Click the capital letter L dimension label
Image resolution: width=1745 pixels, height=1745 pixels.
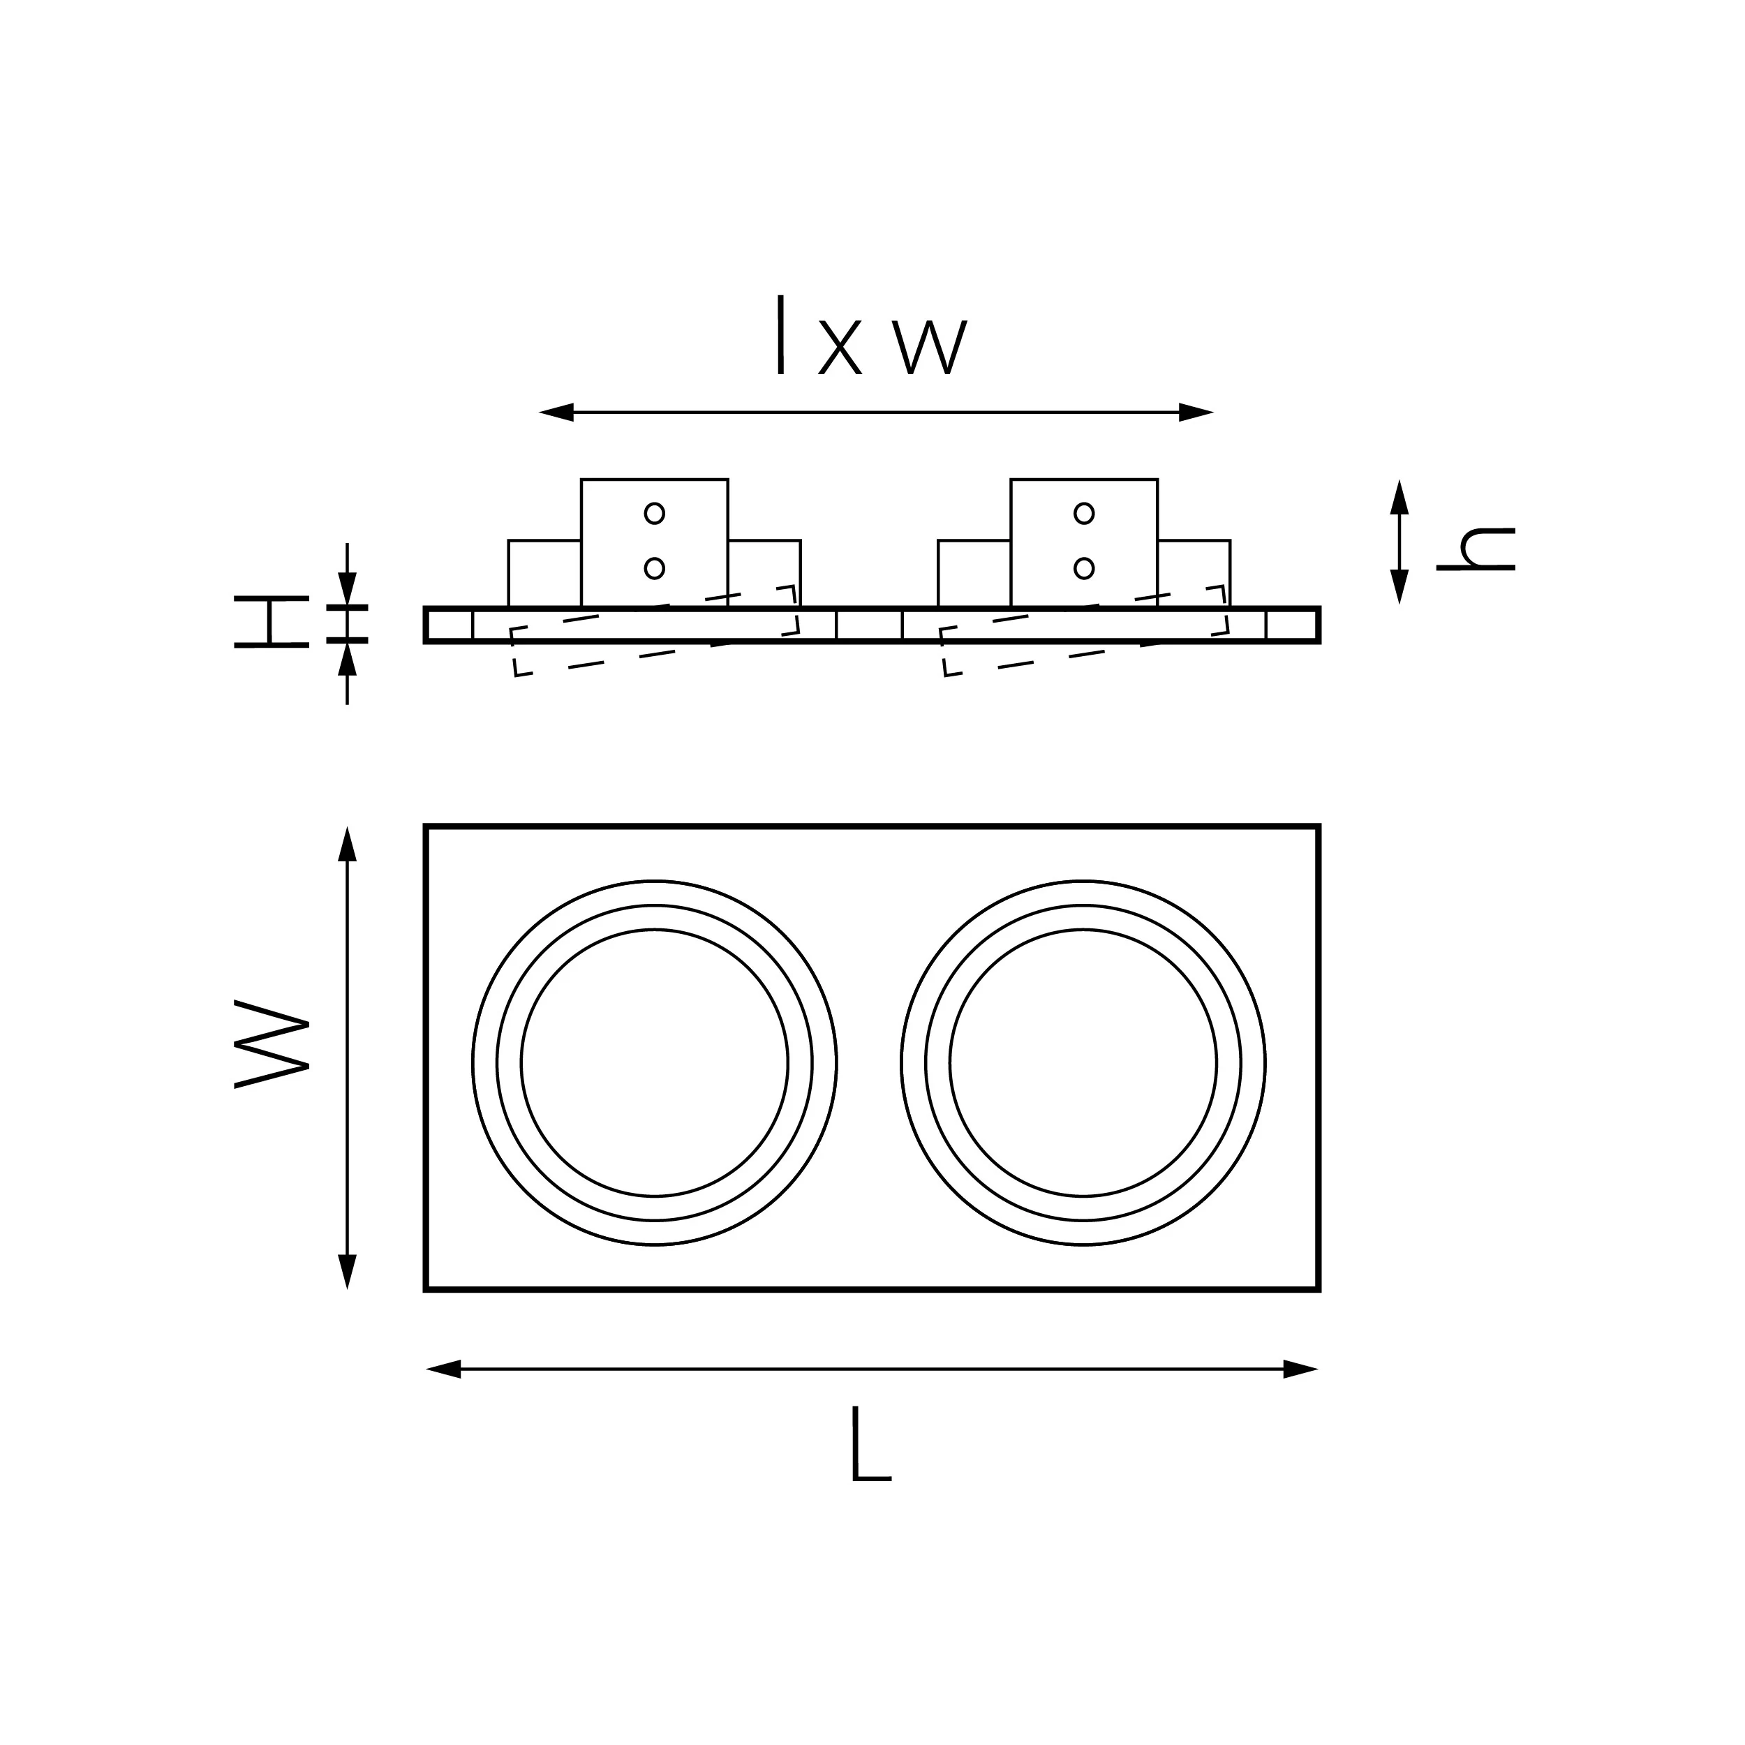coord(870,1444)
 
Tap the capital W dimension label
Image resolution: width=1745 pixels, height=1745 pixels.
coord(272,1044)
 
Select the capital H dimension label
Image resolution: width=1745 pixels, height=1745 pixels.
coord(271,621)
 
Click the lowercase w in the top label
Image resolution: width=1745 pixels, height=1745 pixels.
coord(930,348)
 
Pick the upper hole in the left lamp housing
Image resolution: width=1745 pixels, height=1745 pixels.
coord(655,513)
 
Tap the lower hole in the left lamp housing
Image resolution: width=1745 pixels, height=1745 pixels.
coord(655,568)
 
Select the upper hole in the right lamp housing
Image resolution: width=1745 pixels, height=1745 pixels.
coord(1084,513)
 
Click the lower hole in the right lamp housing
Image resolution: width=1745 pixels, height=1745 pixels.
coord(1084,568)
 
